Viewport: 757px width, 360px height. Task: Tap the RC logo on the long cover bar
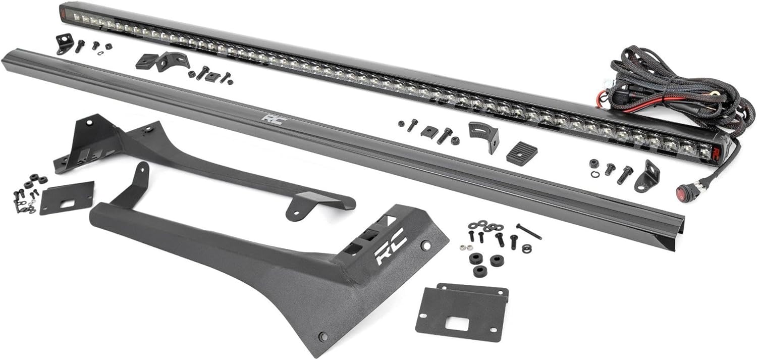[x=274, y=119]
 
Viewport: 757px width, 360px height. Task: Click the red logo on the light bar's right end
[x=717, y=152]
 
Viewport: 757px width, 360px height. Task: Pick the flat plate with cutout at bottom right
[x=462, y=313]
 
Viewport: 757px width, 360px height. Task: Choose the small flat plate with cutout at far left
[x=67, y=198]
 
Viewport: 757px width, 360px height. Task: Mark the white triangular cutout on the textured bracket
[x=390, y=219]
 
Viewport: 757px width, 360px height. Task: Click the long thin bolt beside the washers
[x=529, y=232]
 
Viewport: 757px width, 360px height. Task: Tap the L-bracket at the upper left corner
[x=64, y=43]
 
